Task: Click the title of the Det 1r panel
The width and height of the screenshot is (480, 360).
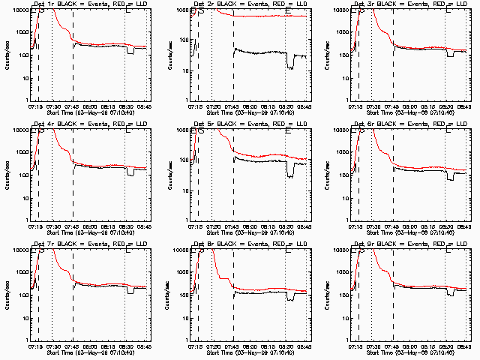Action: pos(93,4)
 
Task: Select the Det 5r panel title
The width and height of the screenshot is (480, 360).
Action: pos(253,124)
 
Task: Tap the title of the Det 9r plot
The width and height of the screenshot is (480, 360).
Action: pos(412,244)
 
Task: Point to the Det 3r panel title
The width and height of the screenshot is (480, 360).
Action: pos(412,4)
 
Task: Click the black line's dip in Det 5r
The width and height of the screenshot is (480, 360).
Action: pos(290,175)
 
